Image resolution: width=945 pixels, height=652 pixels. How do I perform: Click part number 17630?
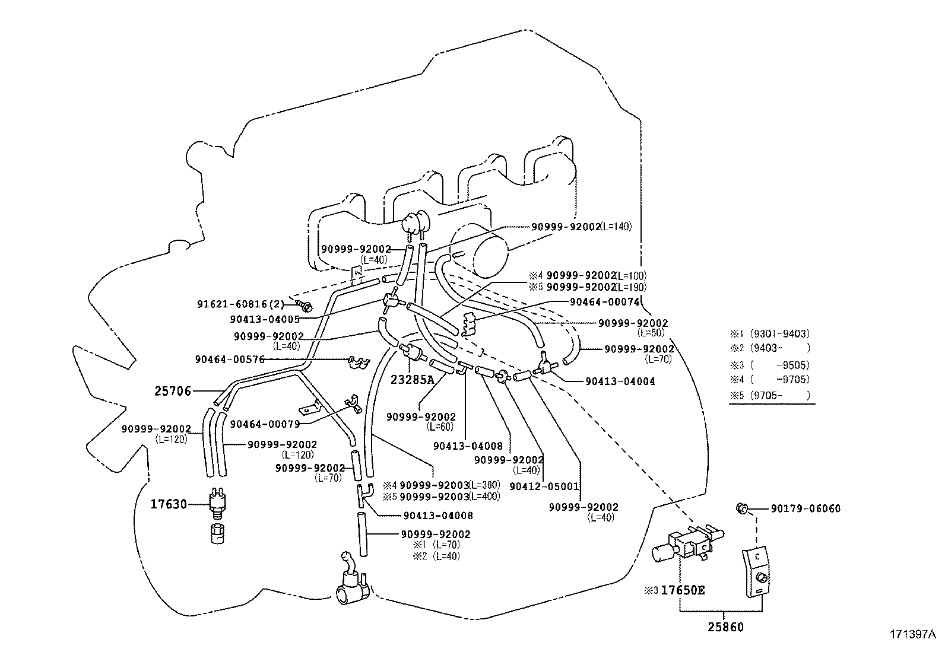pyautogui.click(x=169, y=504)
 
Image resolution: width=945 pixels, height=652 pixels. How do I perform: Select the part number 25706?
pyautogui.click(x=173, y=391)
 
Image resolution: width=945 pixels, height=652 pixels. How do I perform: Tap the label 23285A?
pyautogui.click(x=413, y=380)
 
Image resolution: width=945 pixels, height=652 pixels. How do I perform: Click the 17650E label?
pyautogui.click(x=683, y=591)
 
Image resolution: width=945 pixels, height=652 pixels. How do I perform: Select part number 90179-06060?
pyautogui.click(x=806, y=508)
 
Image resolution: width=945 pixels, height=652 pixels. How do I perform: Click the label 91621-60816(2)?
pyautogui.click(x=240, y=304)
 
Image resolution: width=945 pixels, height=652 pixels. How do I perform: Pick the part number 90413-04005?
pyautogui.click(x=265, y=319)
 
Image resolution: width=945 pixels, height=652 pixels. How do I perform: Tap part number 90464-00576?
pyautogui.click(x=230, y=360)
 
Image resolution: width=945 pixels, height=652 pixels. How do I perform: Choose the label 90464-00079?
pyautogui.click(x=265, y=424)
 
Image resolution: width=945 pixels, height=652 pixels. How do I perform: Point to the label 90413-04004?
pyautogui.click(x=620, y=381)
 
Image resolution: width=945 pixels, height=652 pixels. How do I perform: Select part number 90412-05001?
pyautogui.click(x=544, y=486)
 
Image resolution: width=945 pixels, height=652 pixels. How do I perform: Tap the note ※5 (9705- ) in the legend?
pyautogui.click(x=770, y=395)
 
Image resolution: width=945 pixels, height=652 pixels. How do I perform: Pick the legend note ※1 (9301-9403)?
pyautogui.click(x=770, y=334)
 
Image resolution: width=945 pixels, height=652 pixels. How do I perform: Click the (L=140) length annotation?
pyautogui.click(x=616, y=227)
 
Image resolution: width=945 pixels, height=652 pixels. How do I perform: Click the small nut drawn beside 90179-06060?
pyautogui.click(x=741, y=508)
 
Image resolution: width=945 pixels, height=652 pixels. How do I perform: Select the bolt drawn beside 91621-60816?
pyautogui.click(x=306, y=307)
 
